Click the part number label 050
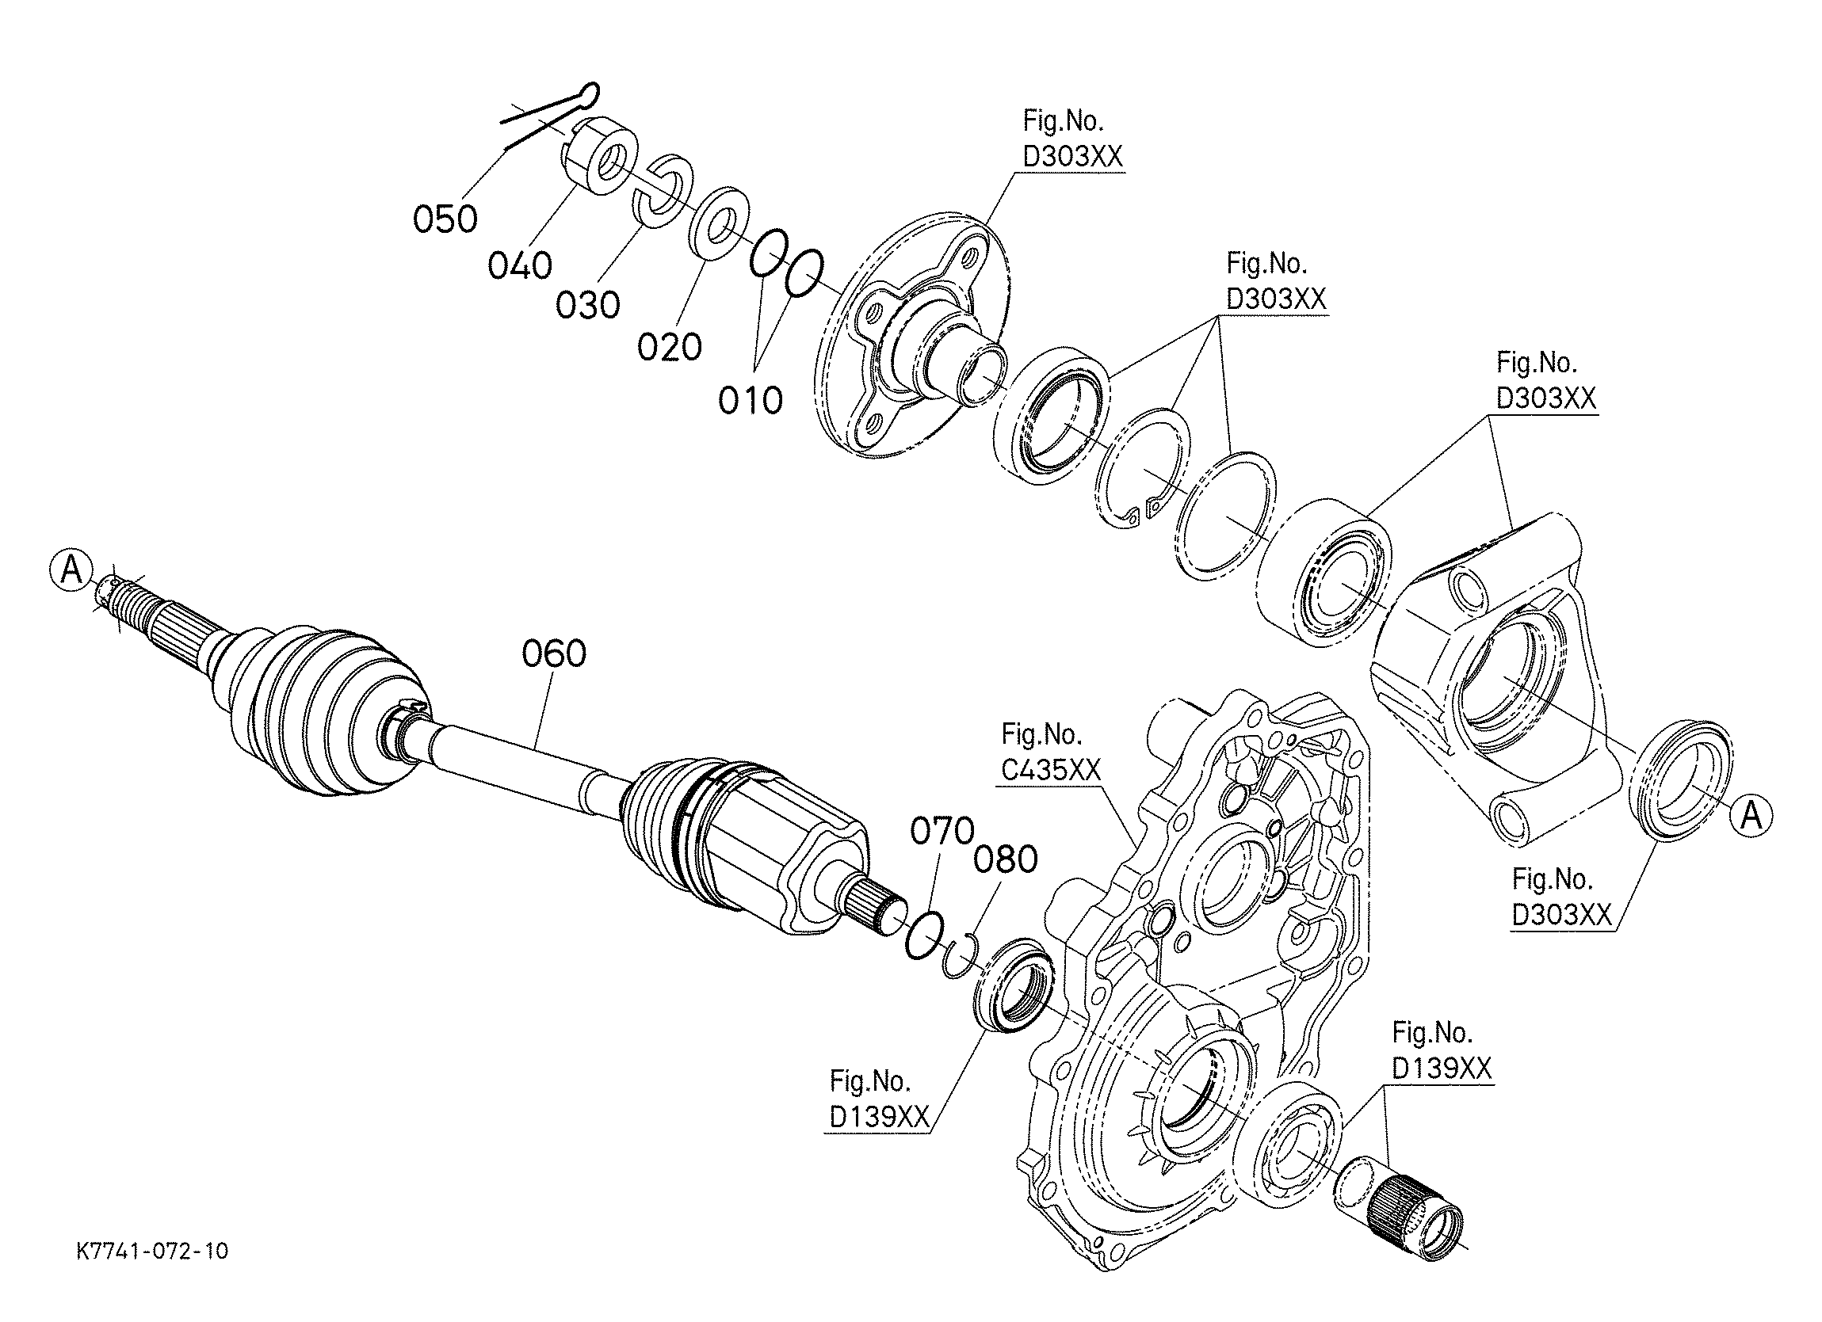pos(445,219)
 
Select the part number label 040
pos(520,265)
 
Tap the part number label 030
pos(588,305)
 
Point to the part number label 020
pos(669,347)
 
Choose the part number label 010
pos(751,400)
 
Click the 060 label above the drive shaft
pos(553,653)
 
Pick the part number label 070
pos(942,831)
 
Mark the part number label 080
pos(1006,859)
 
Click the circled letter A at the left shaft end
pos(71,571)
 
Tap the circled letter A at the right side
pos(1751,816)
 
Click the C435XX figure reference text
pos(1051,770)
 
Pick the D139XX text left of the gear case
pos(879,1117)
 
